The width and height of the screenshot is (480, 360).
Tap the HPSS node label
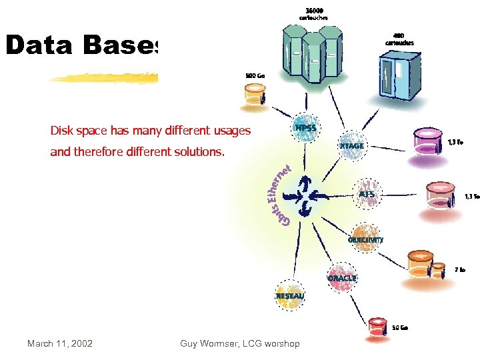point(305,127)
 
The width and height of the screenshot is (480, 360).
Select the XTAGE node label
point(352,145)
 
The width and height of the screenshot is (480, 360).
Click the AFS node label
point(367,194)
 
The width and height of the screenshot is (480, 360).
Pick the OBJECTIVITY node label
point(365,239)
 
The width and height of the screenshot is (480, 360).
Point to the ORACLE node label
point(341,278)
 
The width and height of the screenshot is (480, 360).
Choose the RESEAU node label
point(290,295)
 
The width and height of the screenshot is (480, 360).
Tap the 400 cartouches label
point(399,39)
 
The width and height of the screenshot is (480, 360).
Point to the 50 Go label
point(400,327)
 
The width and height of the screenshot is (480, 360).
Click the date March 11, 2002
point(60,344)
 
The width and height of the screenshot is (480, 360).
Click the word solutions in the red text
point(194,152)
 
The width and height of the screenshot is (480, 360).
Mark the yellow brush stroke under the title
point(103,78)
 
